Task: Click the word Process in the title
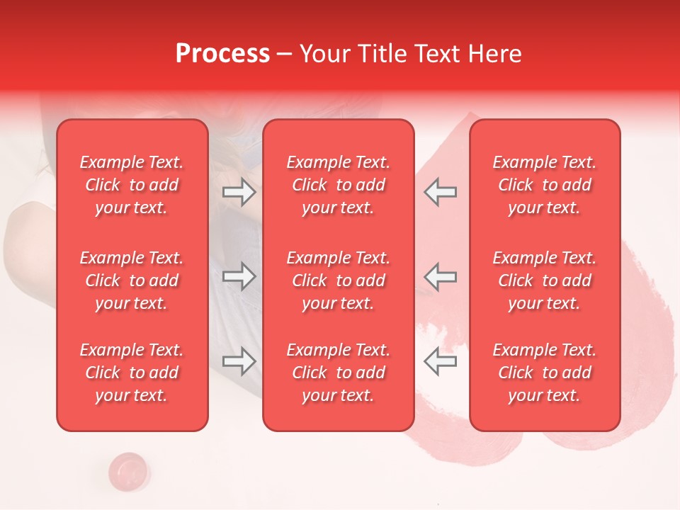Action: pos(222,54)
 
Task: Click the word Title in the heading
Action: pos(383,54)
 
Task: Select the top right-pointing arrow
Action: pos(239,191)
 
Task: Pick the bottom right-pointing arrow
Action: pos(239,361)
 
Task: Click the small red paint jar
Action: pos(129,470)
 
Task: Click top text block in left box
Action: pos(132,185)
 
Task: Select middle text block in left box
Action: pos(132,280)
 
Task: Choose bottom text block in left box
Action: pos(132,373)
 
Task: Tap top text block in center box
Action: pos(339,185)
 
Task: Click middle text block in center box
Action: pos(339,280)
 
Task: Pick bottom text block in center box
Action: pos(339,373)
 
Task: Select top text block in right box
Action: pos(545,185)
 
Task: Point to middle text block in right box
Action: pos(545,280)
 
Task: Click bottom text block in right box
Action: pos(545,373)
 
